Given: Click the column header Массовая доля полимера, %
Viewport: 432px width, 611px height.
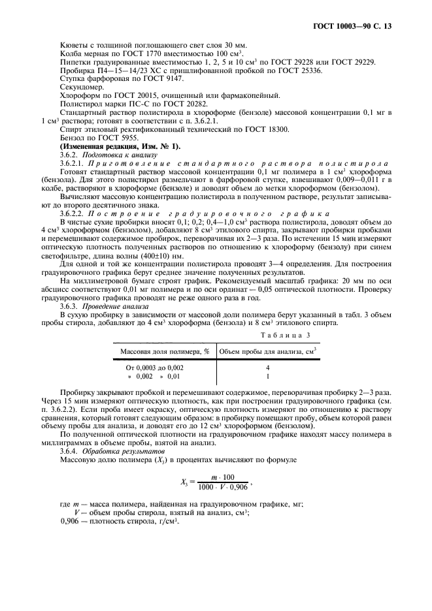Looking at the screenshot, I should (165, 351).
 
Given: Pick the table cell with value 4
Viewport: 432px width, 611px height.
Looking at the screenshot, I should (268, 368).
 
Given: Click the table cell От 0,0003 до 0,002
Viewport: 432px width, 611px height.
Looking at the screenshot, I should (155, 368).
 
